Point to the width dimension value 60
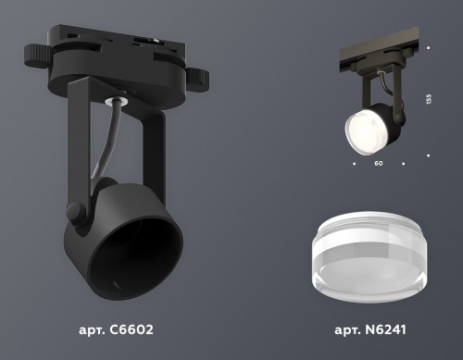coord(378,162)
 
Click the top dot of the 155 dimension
coord(429,44)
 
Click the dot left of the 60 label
coord(354,162)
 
